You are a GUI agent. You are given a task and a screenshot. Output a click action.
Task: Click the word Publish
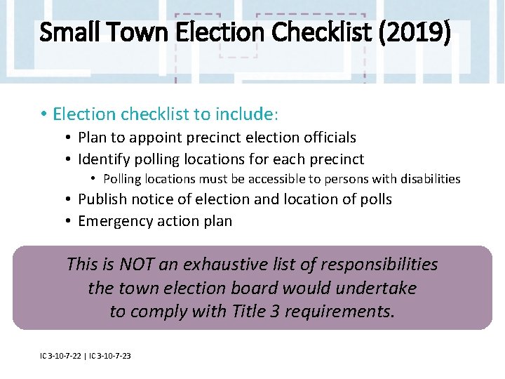click(103, 199)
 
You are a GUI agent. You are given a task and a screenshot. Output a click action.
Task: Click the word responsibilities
click(379, 265)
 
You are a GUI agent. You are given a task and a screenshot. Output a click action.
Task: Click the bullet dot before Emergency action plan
click(69, 222)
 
